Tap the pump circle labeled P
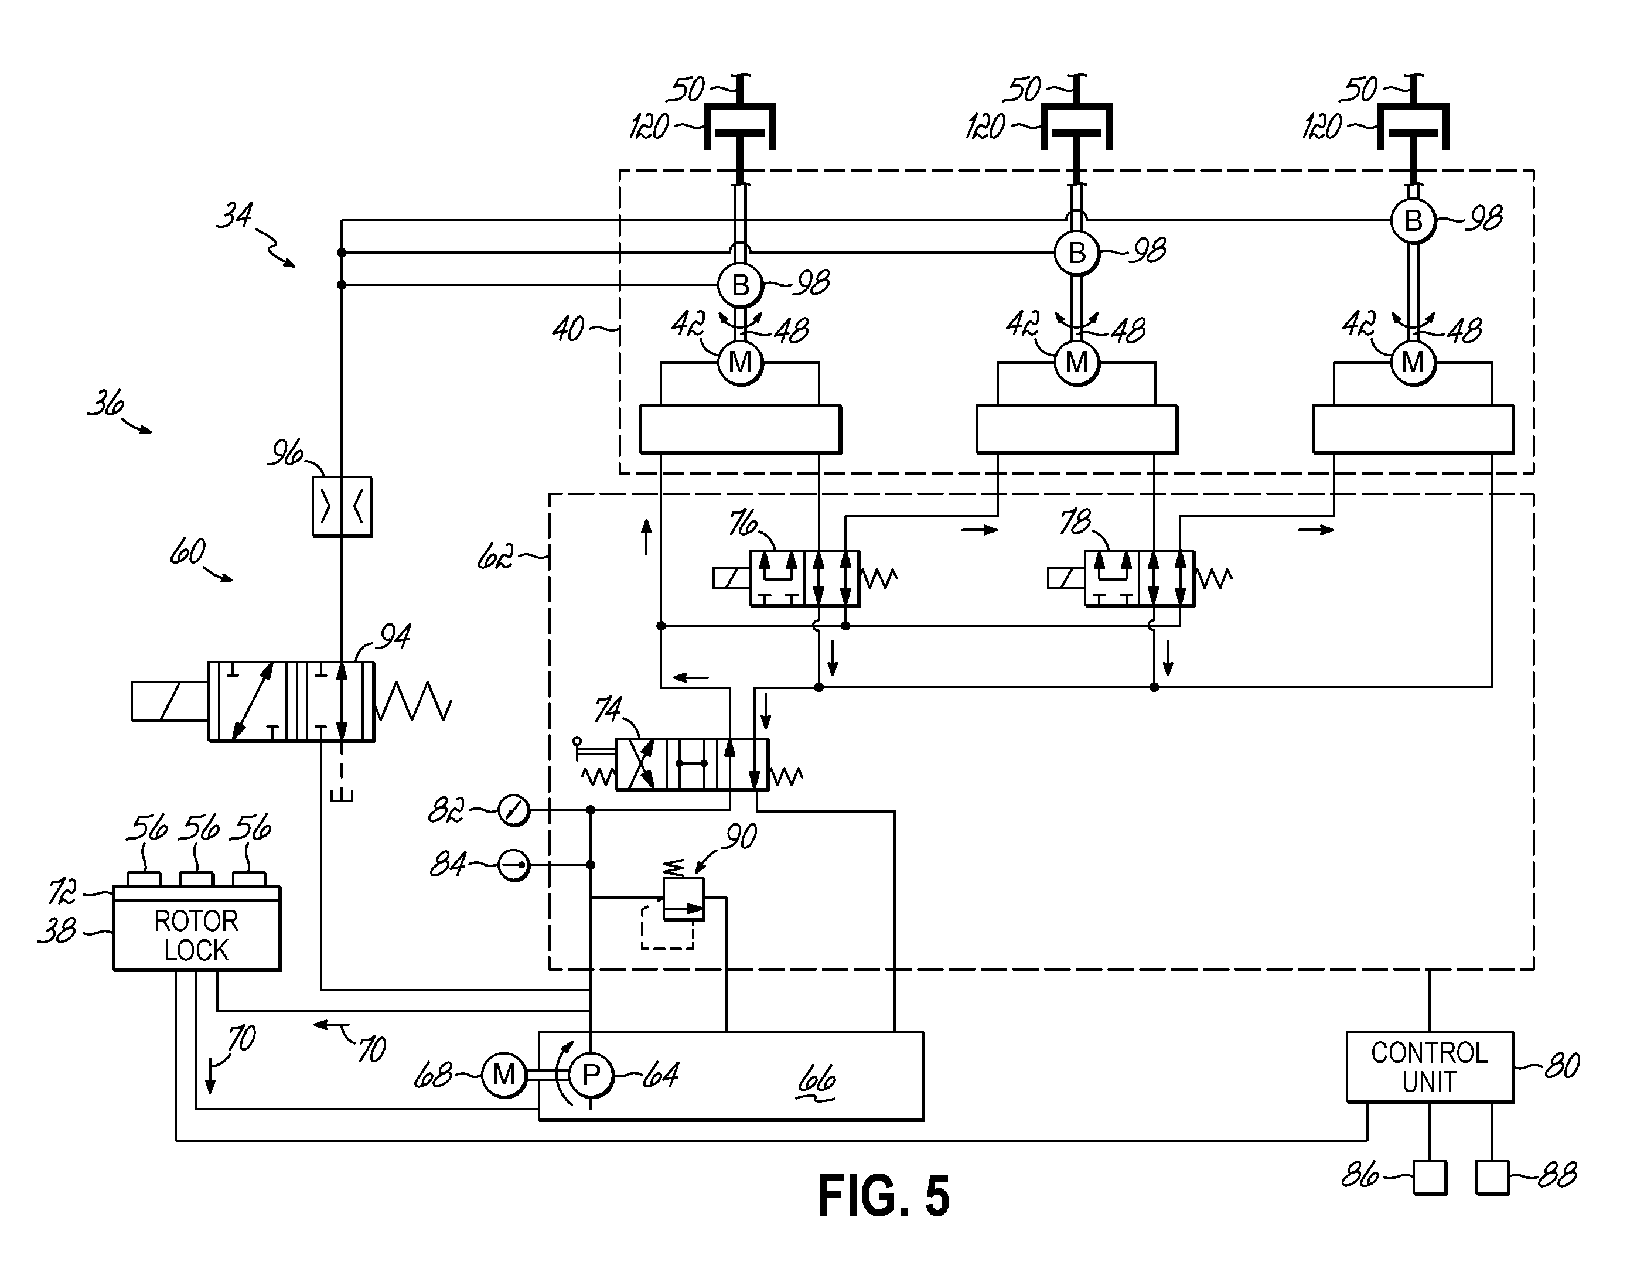point(591,1076)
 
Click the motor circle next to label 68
point(504,1076)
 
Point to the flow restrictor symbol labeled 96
point(342,506)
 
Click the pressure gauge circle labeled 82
point(514,810)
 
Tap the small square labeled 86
point(1430,1177)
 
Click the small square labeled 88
point(1492,1177)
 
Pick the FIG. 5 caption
point(884,1195)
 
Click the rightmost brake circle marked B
point(1413,221)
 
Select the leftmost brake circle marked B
point(740,285)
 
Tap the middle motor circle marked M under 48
point(1076,363)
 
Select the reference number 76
point(743,524)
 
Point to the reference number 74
point(609,710)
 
